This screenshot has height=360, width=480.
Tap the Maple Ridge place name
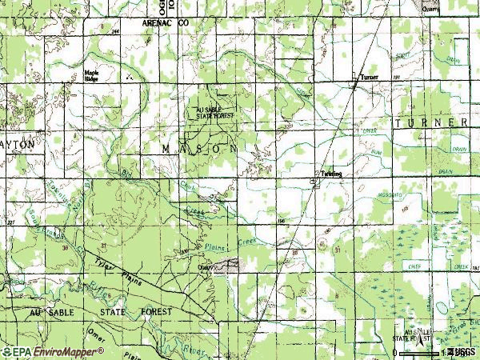pos(92,77)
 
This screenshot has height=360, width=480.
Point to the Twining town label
pos(331,174)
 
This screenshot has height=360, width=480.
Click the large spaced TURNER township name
pos(430,122)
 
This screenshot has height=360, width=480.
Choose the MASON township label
pos(199,149)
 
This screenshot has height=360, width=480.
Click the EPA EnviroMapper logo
pos(54,350)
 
